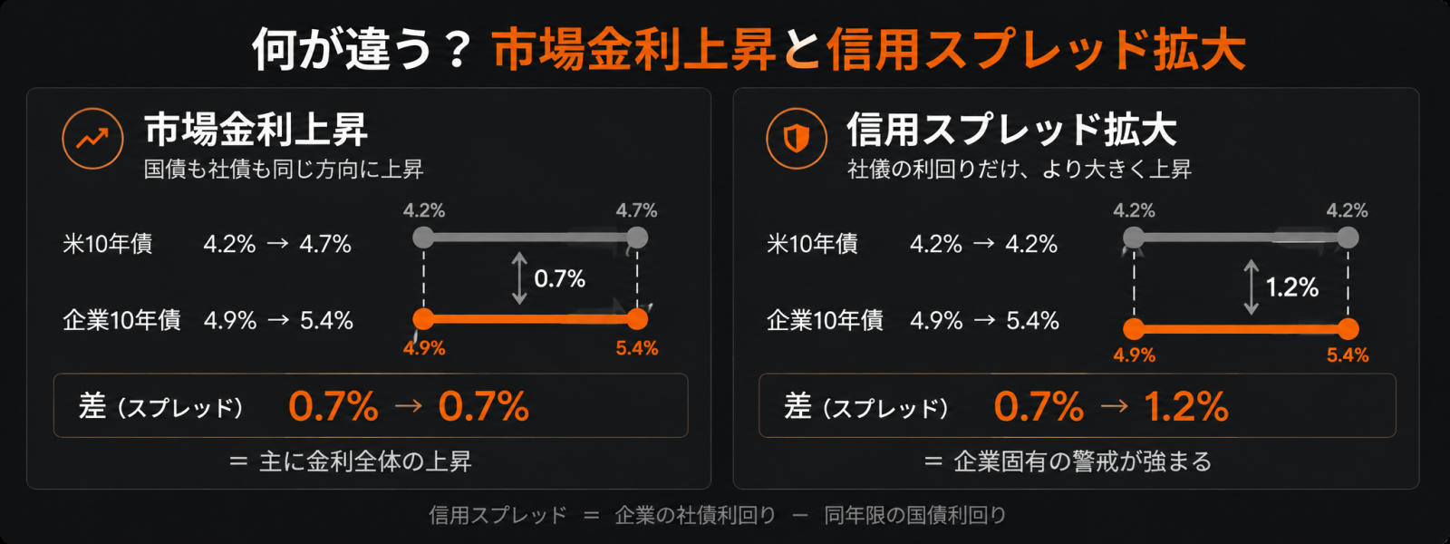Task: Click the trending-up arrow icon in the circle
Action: (x=92, y=138)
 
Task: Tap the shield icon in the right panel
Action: (x=797, y=139)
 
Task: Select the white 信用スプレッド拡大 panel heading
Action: (x=1011, y=130)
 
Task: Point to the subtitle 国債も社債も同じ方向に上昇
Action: (x=284, y=170)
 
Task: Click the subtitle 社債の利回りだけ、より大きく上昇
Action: (x=1020, y=170)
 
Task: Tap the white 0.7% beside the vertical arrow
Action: (x=560, y=279)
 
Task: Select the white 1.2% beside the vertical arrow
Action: (x=1292, y=287)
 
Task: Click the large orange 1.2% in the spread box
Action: (x=1186, y=407)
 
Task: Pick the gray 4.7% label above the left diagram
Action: (x=636, y=210)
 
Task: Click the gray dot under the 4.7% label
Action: (x=637, y=238)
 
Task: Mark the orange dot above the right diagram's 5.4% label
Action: (x=1348, y=329)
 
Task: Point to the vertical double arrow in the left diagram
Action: (x=519, y=278)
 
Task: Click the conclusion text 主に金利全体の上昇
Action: (x=366, y=461)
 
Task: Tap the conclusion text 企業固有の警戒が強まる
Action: (x=1082, y=461)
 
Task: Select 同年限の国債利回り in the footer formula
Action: (x=915, y=516)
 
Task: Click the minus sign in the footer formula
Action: (x=800, y=516)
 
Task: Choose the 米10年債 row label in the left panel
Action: (x=108, y=244)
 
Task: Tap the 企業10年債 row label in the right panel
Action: (x=825, y=321)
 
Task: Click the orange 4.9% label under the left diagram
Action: (x=424, y=348)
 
